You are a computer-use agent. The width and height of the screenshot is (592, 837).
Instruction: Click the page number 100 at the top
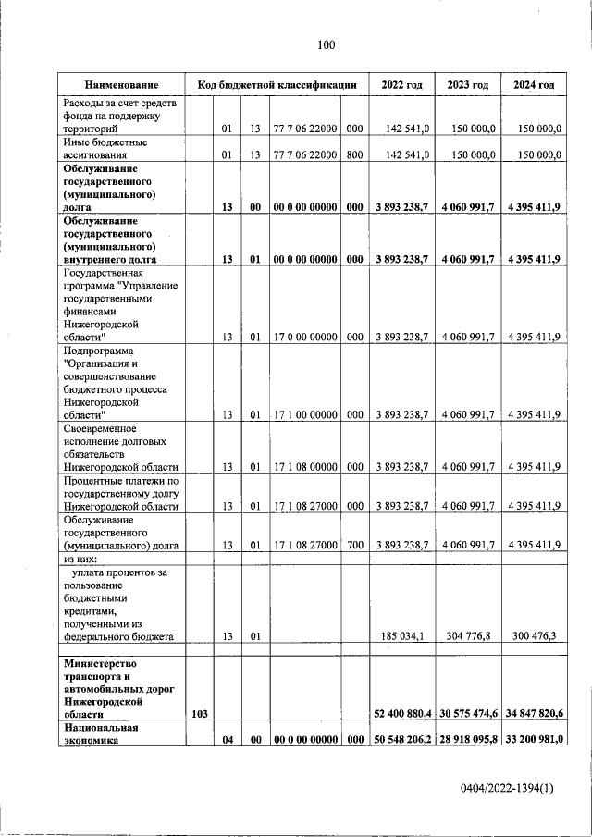point(325,44)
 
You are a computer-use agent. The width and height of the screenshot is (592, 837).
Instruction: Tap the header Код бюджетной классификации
point(277,85)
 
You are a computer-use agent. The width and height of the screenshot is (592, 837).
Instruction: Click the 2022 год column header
point(401,85)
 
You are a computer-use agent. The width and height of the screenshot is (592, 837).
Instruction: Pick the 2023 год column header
point(467,85)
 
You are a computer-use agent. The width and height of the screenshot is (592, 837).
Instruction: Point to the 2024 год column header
point(533,85)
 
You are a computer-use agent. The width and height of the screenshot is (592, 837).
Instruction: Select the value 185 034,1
point(404,636)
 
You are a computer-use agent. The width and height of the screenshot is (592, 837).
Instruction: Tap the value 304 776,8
point(471,636)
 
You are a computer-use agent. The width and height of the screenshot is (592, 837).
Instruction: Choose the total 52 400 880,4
point(402,714)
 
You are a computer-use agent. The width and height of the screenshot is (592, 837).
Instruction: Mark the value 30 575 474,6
point(468,714)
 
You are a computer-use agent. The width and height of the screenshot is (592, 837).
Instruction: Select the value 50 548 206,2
point(402,741)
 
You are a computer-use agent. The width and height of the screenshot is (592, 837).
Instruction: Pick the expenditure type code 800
point(354,155)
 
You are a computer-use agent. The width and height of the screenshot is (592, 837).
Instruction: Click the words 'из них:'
point(81,560)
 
